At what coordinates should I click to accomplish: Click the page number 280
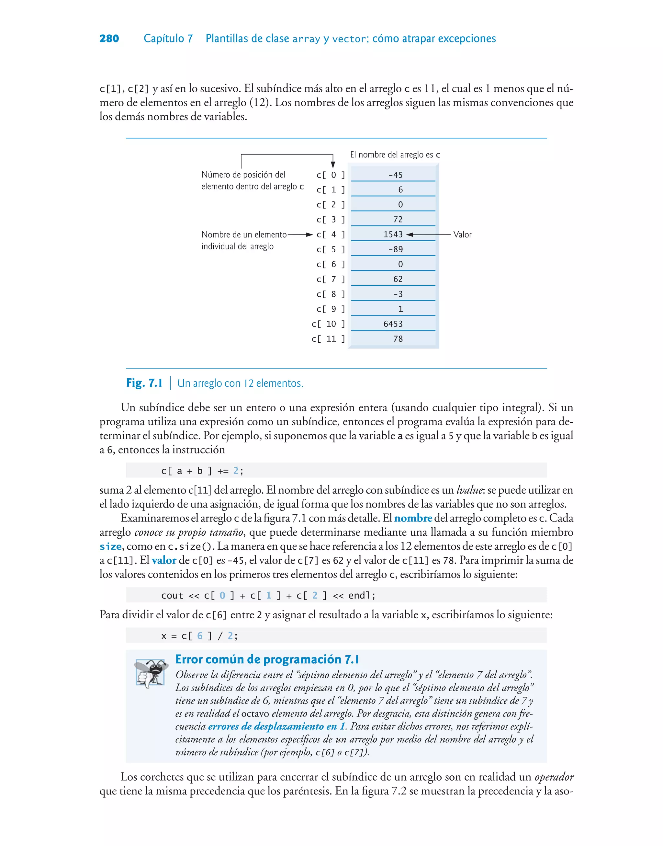coord(109,39)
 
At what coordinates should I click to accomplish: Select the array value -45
coord(396,175)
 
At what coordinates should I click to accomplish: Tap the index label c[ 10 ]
coord(328,324)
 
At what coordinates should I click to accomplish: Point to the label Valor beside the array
coord(462,234)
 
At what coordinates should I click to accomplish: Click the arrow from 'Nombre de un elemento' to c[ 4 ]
coord(300,234)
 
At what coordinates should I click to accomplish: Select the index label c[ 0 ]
coord(330,175)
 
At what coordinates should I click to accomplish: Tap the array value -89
coord(396,249)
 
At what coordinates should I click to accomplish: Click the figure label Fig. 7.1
coord(144,383)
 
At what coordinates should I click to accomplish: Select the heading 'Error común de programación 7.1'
coord(267,659)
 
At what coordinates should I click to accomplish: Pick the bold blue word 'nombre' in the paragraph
coord(413,518)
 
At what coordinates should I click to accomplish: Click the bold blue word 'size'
coord(111,547)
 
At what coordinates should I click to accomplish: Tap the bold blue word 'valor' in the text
coord(164,561)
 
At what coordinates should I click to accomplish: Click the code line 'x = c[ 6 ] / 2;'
coord(199,636)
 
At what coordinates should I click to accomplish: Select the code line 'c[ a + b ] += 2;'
coord(202,471)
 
